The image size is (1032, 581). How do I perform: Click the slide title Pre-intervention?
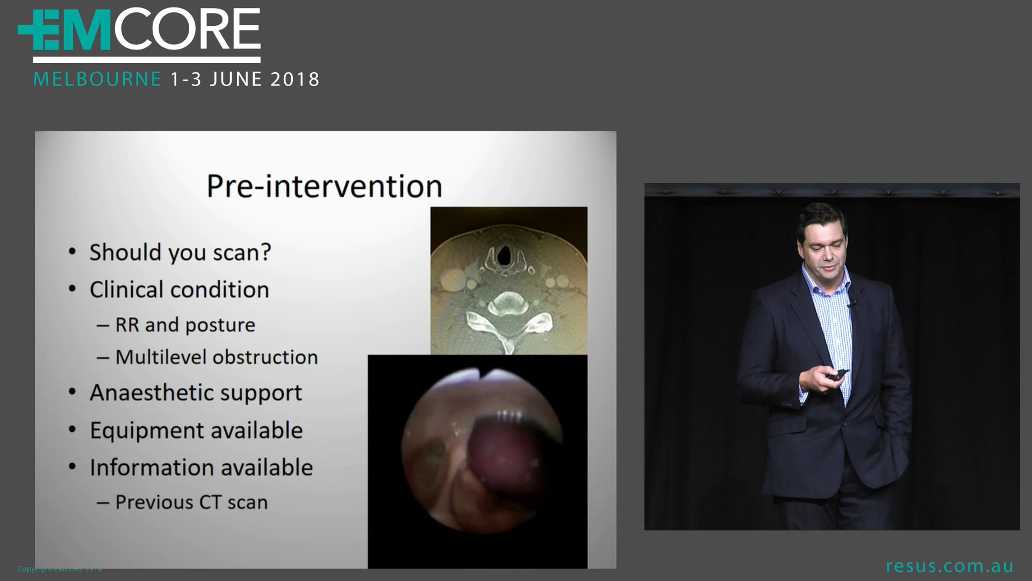(324, 186)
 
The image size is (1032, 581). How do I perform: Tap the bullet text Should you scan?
(180, 252)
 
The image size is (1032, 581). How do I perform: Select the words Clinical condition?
(179, 290)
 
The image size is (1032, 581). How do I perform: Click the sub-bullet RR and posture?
(185, 325)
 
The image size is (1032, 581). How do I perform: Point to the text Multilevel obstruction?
(216, 357)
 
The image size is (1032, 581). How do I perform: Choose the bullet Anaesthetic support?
(196, 393)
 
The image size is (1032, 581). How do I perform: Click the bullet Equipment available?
(196, 430)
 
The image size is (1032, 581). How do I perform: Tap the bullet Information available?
(201, 467)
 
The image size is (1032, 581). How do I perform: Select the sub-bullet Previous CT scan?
(191, 502)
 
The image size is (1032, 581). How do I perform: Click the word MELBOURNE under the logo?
(97, 80)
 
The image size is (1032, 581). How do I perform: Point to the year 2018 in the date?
(295, 80)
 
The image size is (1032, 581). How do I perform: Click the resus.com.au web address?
(949, 566)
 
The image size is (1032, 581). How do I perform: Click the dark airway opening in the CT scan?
(504, 256)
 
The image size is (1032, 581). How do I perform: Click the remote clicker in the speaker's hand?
(837, 374)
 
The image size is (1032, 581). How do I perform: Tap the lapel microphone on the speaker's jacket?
(851, 303)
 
